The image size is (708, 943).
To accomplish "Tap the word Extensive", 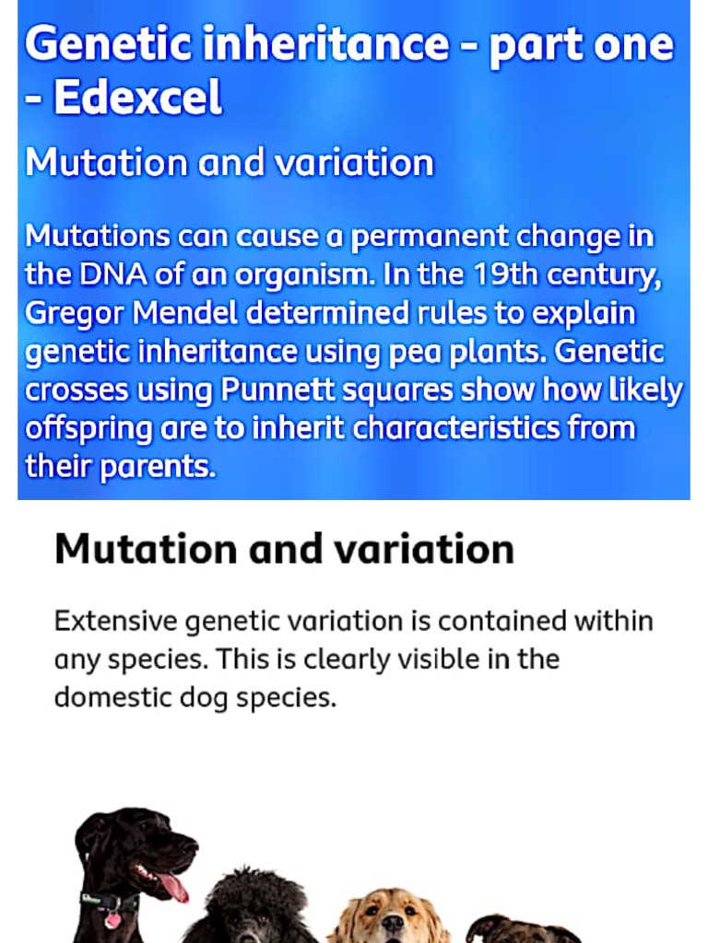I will point(115,621).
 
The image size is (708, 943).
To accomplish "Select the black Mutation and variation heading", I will point(284,549).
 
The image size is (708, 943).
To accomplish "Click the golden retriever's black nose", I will point(393,923).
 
